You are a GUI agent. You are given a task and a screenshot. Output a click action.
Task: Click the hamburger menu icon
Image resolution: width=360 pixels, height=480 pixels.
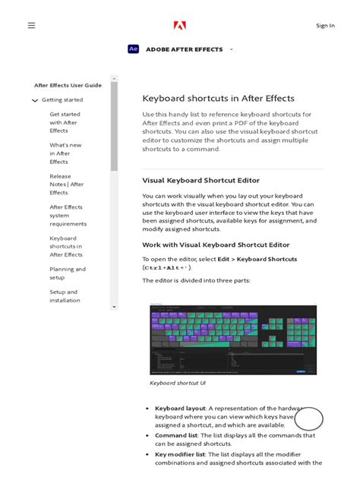point(31,25)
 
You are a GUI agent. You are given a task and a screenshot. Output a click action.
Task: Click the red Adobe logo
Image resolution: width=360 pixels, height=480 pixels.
point(180,26)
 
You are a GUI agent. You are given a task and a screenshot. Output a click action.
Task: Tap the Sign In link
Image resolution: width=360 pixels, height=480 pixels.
point(325,26)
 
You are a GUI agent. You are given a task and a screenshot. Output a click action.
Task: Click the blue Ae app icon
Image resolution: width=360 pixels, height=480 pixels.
point(134,49)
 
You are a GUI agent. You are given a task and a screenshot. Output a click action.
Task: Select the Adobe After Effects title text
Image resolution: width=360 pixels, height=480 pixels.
point(185,49)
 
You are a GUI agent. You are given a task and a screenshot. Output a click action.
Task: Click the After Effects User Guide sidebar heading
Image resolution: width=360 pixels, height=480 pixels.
point(68,85)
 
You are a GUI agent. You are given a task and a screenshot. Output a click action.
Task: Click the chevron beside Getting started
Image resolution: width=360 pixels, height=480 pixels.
point(35,100)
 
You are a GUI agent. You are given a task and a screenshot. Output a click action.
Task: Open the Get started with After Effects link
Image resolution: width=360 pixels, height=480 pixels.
point(65,122)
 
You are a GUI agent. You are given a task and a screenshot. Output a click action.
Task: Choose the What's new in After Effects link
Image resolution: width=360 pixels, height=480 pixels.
point(65,153)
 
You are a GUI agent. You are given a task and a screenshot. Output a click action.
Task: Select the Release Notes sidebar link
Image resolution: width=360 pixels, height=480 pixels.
point(66,185)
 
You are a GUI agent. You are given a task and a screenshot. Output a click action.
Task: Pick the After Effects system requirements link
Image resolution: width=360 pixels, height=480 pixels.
point(68,215)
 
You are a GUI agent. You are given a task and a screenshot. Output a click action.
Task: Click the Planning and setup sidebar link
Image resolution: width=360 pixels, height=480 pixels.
point(68,273)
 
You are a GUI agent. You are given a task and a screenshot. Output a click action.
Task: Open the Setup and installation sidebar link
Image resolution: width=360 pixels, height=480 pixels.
point(65,296)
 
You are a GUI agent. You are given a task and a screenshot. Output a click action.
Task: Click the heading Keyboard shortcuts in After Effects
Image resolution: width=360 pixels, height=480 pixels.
point(218,99)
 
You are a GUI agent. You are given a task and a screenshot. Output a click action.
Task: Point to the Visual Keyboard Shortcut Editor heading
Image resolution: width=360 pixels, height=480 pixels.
point(201,181)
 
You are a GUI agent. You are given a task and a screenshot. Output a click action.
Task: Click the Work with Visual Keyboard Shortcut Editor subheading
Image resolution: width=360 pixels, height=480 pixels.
point(216,245)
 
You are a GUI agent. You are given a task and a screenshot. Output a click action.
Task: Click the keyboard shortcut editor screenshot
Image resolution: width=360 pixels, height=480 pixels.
point(233,339)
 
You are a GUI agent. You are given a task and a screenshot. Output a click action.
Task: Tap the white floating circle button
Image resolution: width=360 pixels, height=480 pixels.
point(309,418)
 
